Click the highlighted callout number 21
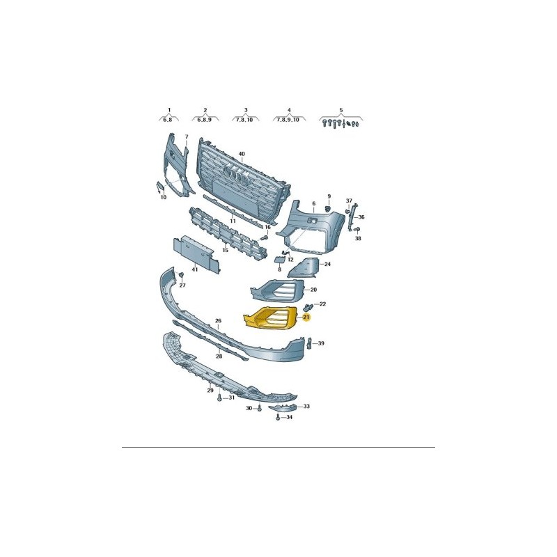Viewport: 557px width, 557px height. pos(306,317)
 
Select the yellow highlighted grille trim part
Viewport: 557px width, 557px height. pos(270,317)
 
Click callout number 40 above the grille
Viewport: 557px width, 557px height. pos(242,154)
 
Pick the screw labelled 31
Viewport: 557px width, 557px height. pos(220,398)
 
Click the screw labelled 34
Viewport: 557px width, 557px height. pos(278,417)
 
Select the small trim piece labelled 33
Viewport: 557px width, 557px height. pos(282,409)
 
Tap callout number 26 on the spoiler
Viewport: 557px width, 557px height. pos(218,321)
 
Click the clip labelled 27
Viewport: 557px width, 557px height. pos(181,275)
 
